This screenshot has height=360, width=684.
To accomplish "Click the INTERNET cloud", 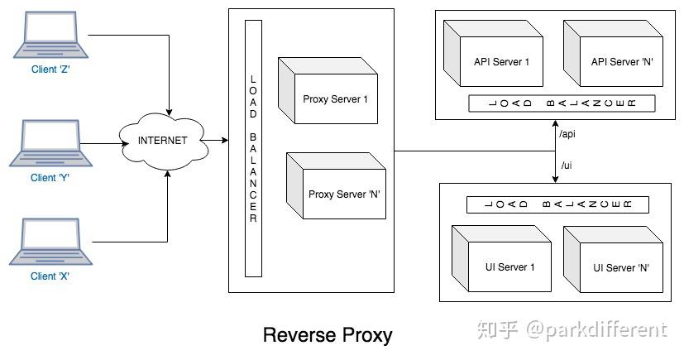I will pyautogui.click(x=162, y=141).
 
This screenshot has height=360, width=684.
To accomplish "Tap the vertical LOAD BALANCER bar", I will pyautogui.click(x=253, y=149).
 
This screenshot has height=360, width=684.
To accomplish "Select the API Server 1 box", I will pyautogui.click(x=495, y=55).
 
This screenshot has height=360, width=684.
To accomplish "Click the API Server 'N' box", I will pyautogui.click(x=614, y=55).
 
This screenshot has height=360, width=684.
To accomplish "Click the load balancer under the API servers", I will pyautogui.click(x=561, y=103).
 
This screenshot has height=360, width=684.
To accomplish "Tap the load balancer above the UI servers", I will pyautogui.click(x=557, y=204).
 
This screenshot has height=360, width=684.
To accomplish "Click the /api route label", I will pyautogui.click(x=567, y=133).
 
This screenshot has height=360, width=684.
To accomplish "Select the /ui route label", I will pyautogui.click(x=567, y=166).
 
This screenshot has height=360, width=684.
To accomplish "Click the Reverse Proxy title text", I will pyautogui.click(x=327, y=335).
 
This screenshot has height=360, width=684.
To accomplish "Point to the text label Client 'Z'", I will pyautogui.click(x=50, y=70).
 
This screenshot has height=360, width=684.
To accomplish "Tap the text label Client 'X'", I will pyautogui.click(x=50, y=276).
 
